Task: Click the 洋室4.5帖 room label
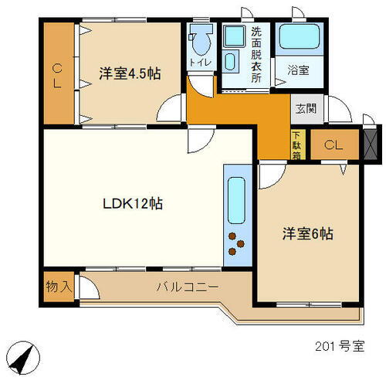coord(130,74)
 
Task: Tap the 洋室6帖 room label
coord(306,233)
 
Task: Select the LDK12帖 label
coord(133,205)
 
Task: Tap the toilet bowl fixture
coord(201,39)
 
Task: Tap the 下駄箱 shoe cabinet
coord(296,145)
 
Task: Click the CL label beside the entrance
coord(334,145)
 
